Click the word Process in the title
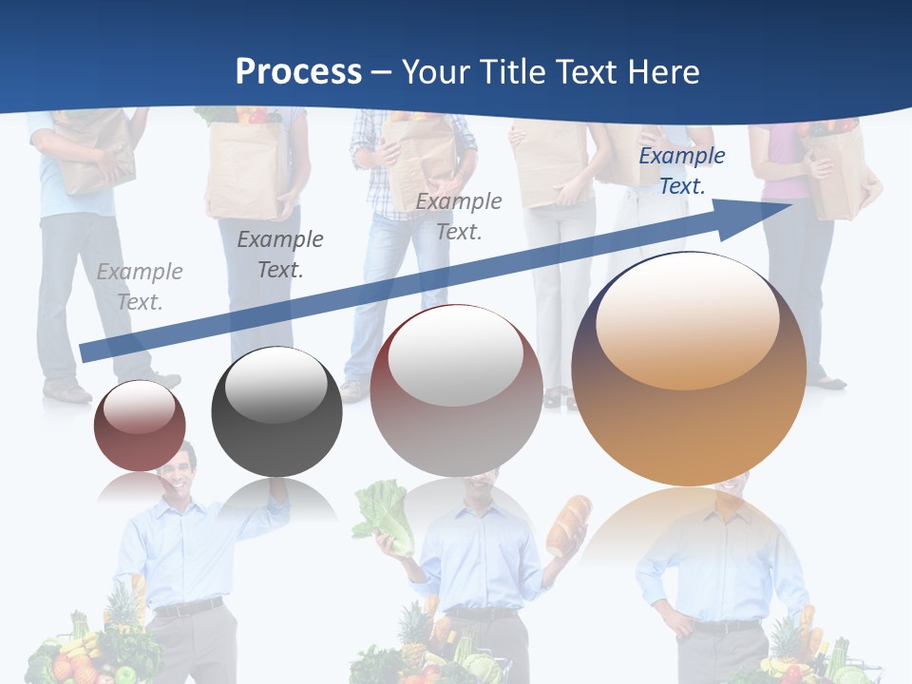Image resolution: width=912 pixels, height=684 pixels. (x=298, y=72)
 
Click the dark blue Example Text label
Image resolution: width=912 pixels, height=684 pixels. (x=681, y=171)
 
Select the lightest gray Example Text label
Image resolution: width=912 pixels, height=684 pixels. (x=140, y=287)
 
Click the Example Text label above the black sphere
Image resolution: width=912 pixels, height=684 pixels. (x=279, y=255)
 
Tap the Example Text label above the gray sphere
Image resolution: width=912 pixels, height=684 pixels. (x=459, y=217)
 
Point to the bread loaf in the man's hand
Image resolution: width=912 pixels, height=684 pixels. (x=567, y=524)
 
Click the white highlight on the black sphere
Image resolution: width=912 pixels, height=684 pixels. (x=275, y=385)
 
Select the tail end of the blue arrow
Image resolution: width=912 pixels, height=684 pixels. (x=85, y=353)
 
